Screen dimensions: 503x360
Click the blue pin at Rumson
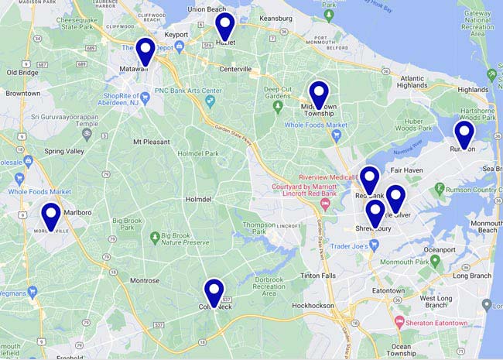(x=464, y=134)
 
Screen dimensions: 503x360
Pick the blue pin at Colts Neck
(x=214, y=292)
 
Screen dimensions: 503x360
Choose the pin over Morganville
(x=51, y=216)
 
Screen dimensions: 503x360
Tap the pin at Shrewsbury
(x=375, y=213)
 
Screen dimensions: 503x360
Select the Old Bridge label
(x=22, y=72)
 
